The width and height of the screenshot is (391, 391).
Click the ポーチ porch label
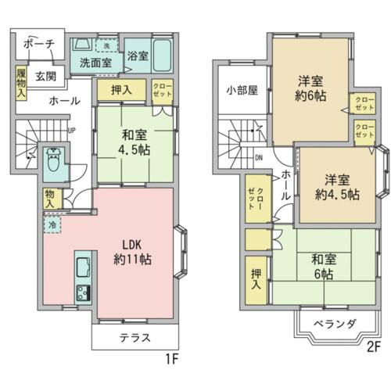point(39,44)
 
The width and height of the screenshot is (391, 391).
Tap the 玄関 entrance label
point(46,77)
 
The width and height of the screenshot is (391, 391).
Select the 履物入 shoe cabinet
point(21,83)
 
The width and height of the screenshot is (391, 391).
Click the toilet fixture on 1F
point(54,160)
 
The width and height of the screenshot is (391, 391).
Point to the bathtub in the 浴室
point(162,56)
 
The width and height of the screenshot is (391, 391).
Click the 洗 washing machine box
point(106,46)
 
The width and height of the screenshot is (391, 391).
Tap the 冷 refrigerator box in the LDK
point(52,224)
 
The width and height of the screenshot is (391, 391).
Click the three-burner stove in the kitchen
point(83,293)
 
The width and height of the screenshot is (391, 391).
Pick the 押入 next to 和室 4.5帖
point(121,90)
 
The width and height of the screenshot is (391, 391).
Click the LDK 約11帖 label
point(133,252)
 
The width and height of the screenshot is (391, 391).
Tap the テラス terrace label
point(135,338)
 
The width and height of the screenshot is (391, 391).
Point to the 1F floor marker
point(172,360)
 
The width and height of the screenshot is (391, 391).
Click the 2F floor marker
point(374,348)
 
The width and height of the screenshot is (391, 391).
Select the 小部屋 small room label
point(242,90)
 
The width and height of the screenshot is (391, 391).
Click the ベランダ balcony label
point(335,325)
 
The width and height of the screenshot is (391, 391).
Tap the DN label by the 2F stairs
point(259,158)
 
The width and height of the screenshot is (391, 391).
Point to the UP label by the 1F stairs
point(72,131)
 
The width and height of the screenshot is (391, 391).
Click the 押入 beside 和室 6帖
point(256,280)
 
